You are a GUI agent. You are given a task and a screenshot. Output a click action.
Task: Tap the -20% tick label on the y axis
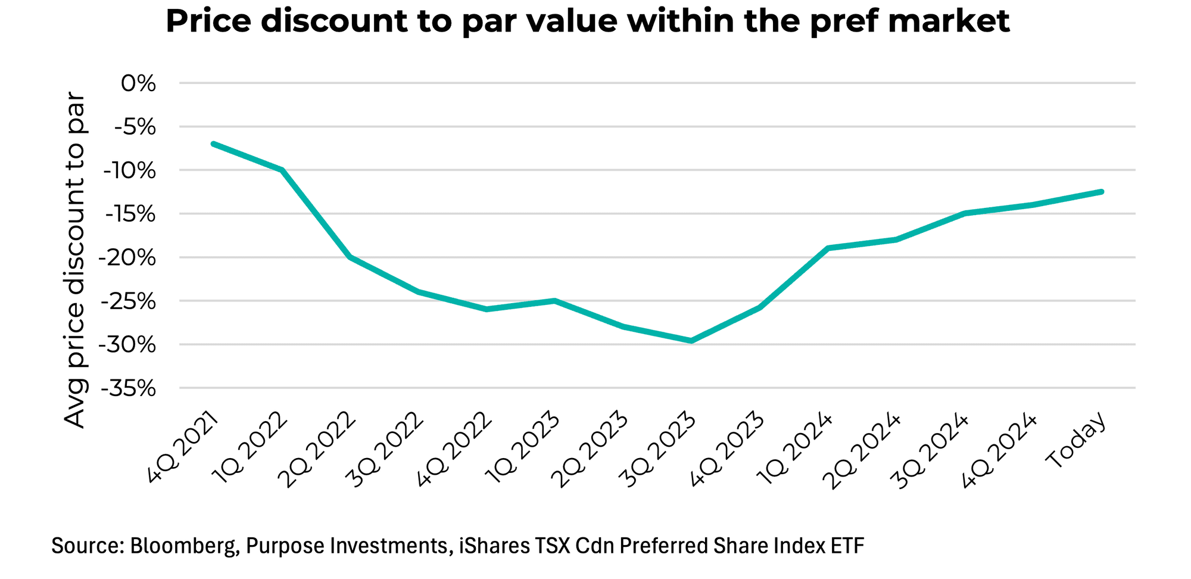(x=129, y=258)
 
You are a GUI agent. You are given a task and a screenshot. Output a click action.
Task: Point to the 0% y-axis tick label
(x=138, y=83)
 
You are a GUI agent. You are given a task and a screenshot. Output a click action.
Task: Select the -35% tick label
(x=129, y=389)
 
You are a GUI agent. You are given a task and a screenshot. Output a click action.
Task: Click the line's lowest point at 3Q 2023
(x=691, y=341)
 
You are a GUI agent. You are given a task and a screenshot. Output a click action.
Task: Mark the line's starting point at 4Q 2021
(x=213, y=144)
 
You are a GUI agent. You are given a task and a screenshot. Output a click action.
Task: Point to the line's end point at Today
(x=1102, y=192)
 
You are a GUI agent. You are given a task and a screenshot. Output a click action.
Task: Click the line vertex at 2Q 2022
(x=350, y=257)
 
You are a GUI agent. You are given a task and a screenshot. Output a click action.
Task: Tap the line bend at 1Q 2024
(x=828, y=247)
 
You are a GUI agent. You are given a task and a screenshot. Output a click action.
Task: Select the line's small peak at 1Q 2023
(x=554, y=300)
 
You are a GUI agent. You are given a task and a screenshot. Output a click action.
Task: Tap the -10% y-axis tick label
(x=129, y=171)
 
